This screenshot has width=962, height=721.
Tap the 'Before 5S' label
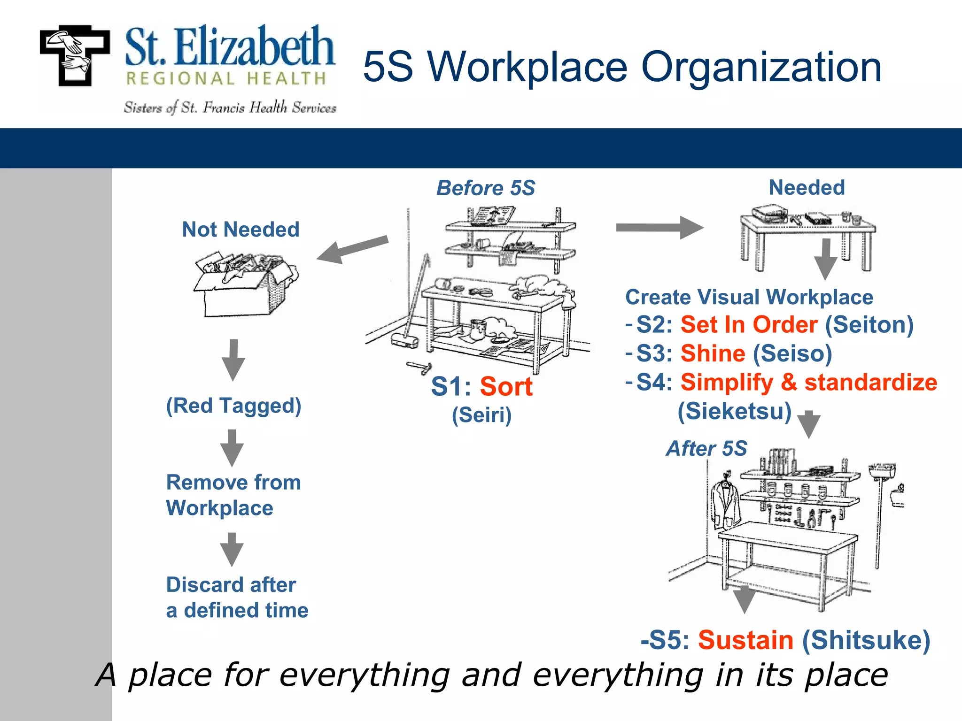[x=486, y=188]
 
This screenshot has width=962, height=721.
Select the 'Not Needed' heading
[x=240, y=230]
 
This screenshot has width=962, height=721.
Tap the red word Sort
[x=506, y=387]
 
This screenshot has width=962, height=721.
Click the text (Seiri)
[x=481, y=415]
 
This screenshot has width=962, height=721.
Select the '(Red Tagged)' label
[x=233, y=406]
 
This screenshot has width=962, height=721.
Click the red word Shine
[x=713, y=353]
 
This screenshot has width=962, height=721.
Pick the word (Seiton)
[x=869, y=325]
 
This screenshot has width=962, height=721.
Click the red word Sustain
[x=745, y=640]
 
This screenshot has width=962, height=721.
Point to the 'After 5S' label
[x=706, y=448]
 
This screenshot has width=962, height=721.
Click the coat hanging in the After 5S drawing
[x=725, y=505]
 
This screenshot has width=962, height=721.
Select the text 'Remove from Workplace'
[x=233, y=495]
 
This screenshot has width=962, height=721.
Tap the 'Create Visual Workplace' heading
[x=749, y=297]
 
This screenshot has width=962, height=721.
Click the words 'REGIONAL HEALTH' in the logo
[x=226, y=79]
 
